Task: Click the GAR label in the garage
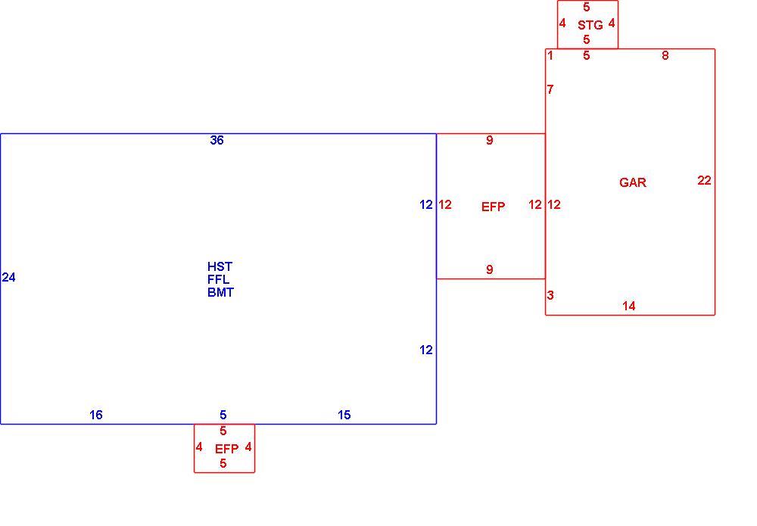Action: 632,182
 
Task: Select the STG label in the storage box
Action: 590,25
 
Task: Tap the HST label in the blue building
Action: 220,266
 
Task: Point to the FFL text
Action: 218,279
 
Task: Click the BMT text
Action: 220,292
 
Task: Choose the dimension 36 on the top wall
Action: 217,140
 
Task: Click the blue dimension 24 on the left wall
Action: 8,277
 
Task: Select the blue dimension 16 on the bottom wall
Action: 95,415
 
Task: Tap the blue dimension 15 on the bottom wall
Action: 344,415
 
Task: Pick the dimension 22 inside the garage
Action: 704,180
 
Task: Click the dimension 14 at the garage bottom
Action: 628,306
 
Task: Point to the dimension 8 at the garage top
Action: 665,55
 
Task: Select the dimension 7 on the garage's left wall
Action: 550,89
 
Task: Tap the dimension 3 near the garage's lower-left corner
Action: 550,295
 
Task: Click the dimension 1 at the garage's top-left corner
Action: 550,55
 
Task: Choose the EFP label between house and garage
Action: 493,207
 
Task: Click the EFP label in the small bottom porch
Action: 226,449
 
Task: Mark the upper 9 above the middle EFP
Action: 490,140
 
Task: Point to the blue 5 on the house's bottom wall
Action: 223,415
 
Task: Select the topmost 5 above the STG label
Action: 587,7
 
